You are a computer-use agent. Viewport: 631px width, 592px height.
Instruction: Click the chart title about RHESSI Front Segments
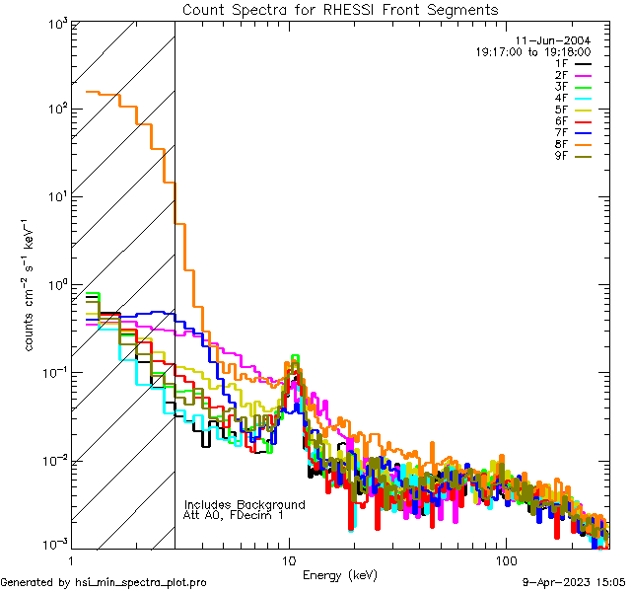pyautogui.click(x=340, y=10)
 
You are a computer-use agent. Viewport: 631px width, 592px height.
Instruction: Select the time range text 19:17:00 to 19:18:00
pyautogui.click(x=532, y=51)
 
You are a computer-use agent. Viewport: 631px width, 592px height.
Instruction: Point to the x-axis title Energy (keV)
pyautogui.click(x=340, y=574)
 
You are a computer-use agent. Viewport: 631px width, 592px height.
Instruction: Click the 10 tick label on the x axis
pyautogui.click(x=289, y=560)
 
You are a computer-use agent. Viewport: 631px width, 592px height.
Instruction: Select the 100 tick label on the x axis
pyautogui.click(x=505, y=560)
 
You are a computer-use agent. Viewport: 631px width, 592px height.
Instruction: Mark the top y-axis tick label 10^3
pyautogui.click(x=55, y=22)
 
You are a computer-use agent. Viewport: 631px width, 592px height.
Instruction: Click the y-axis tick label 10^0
pyautogui.click(x=55, y=285)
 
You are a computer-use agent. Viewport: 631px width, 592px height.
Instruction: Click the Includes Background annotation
pyautogui.click(x=245, y=504)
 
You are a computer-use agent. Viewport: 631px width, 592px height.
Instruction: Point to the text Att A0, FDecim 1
pyautogui.click(x=234, y=515)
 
